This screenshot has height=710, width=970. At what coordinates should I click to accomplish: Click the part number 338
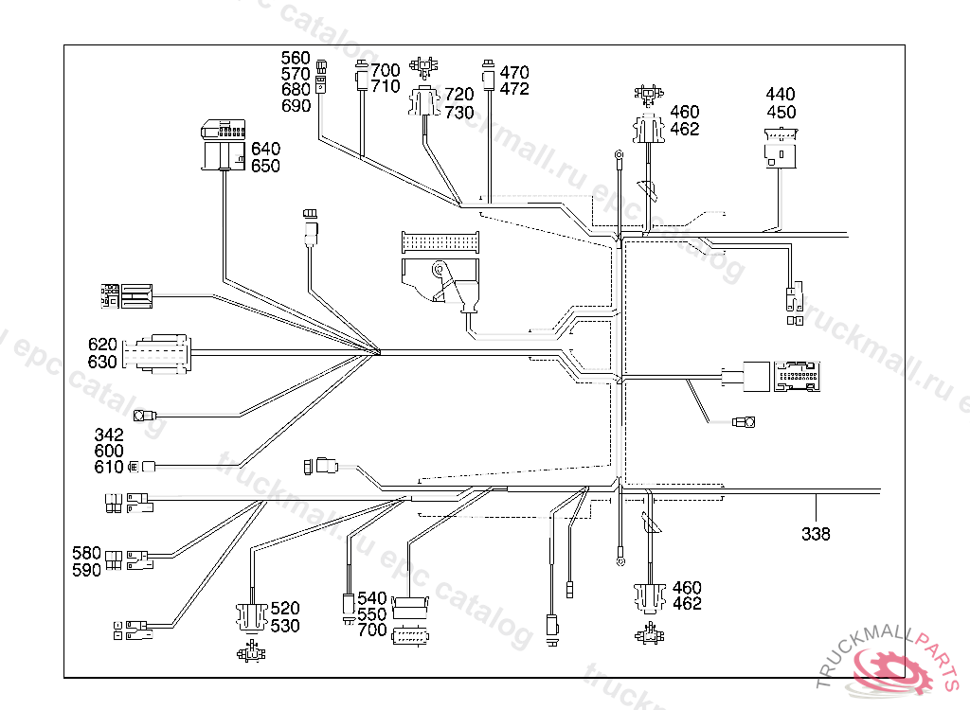[x=816, y=534]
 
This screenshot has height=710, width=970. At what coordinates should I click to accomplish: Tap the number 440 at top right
[x=781, y=95]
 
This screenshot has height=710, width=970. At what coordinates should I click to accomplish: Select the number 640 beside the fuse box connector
[x=265, y=150]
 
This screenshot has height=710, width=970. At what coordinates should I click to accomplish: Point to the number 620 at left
[x=102, y=345]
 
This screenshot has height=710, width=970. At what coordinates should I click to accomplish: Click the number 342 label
[x=109, y=435]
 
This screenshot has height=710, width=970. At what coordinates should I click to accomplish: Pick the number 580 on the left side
[x=87, y=553]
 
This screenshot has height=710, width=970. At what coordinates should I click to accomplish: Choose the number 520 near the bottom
[x=285, y=609]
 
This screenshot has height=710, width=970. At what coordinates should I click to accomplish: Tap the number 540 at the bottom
[x=372, y=598]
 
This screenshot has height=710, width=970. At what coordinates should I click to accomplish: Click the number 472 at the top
[x=514, y=89]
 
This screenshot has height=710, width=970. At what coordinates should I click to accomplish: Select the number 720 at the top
[x=459, y=95]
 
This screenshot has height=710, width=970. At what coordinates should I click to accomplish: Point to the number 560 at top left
[x=296, y=58]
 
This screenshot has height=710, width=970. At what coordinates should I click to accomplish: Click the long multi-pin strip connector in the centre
[x=440, y=242]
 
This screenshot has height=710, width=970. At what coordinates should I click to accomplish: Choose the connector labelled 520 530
[x=251, y=616]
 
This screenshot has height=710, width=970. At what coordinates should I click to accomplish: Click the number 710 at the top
[x=386, y=86]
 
